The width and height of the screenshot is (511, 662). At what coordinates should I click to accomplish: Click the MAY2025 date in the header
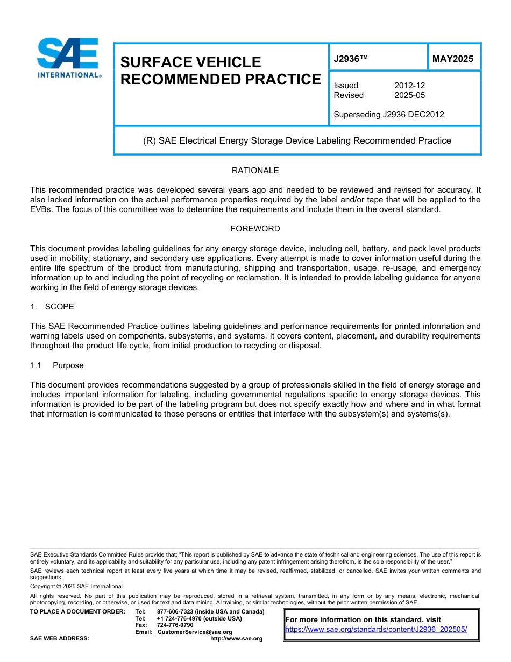click(453, 59)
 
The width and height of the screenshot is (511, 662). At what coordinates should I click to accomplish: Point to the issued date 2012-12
click(409, 86)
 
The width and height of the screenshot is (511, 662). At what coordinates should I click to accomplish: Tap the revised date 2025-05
click(409, 95)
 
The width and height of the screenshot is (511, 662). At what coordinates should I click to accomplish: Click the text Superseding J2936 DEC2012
click(388, 115)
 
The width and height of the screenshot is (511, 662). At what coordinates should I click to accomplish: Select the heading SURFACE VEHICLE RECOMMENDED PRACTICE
click(221, 71)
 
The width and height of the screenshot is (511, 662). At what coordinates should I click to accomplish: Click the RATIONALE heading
click(255, 171)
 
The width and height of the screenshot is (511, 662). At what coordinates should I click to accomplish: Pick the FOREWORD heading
click(255, 229)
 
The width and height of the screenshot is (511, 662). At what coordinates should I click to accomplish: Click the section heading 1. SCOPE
click(52, 307)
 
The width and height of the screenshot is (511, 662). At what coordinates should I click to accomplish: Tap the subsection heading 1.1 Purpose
click(57, 365)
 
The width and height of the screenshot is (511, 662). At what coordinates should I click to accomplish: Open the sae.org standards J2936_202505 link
click(375, 629)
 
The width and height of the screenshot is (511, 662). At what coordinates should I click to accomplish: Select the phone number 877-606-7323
click(175, 612)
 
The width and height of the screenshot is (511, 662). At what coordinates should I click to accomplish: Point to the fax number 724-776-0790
click(175, 625)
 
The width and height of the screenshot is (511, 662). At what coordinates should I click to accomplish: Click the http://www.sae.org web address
click(236, 639)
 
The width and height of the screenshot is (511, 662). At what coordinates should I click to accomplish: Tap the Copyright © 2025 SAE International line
click(76, 586)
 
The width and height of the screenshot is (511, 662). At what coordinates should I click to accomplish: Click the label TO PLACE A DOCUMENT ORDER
click(77, 612)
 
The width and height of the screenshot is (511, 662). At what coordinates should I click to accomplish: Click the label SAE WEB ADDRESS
click(59, 639)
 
